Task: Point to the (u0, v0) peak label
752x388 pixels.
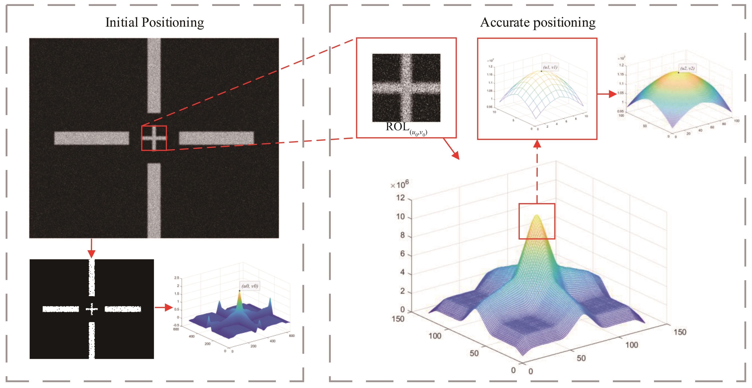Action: pyautogui.click(x=250, y=286)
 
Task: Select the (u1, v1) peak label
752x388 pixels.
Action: pyautogui.click(x=550, y=67)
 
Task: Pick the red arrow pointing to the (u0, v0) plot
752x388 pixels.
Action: pyautogui.click(x=163, y=307)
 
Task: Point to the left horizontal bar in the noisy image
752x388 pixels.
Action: pyautogui.click(x=92, y=138)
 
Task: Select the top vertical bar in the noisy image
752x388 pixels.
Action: pyautogui.click(x=154, y=75)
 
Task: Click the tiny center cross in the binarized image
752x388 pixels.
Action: pyautogui.click(x=92, y=309)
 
